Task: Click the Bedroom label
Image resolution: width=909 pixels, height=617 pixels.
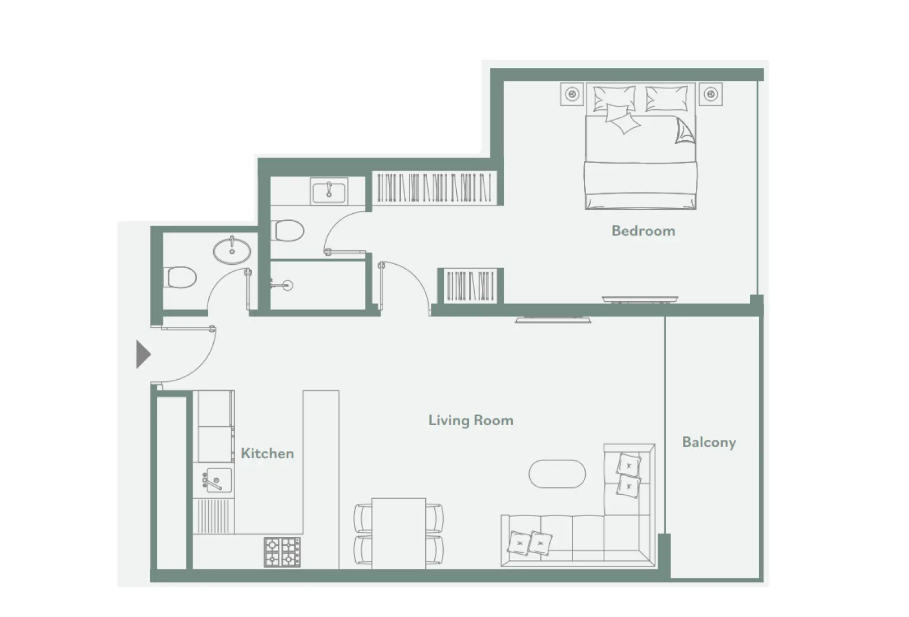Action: pos(643,231)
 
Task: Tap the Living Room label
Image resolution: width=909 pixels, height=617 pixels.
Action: pos(471,420)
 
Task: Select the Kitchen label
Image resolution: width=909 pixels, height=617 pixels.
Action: pos(267,453)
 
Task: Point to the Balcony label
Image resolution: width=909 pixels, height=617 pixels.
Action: pos(709,442)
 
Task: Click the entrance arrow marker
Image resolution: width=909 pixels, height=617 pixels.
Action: pos(143,354)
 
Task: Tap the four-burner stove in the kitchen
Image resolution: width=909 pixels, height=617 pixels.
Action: pos(282,551)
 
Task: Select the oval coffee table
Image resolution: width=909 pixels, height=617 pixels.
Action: pos(557,474)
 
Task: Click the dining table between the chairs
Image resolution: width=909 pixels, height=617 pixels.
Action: pos(398,533)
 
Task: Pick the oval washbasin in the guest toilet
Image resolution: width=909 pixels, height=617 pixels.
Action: pos(232,251)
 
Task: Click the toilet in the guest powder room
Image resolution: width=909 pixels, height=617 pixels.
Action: pos(181,277)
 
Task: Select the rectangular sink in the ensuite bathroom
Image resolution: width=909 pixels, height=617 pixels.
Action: pos(329,192)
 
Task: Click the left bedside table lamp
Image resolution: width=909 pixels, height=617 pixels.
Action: pos(572,94)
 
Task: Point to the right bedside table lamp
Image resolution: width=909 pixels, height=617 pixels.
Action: pos(711,94)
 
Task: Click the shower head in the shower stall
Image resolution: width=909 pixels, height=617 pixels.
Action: pos(286,286)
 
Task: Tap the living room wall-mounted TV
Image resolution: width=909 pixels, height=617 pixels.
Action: pos(553,320)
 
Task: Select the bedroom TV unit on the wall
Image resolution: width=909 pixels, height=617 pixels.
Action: pos(640,300)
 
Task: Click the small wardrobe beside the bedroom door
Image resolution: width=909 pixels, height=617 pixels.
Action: pos(470,286)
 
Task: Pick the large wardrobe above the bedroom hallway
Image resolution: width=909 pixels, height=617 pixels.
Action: pos(434,188)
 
